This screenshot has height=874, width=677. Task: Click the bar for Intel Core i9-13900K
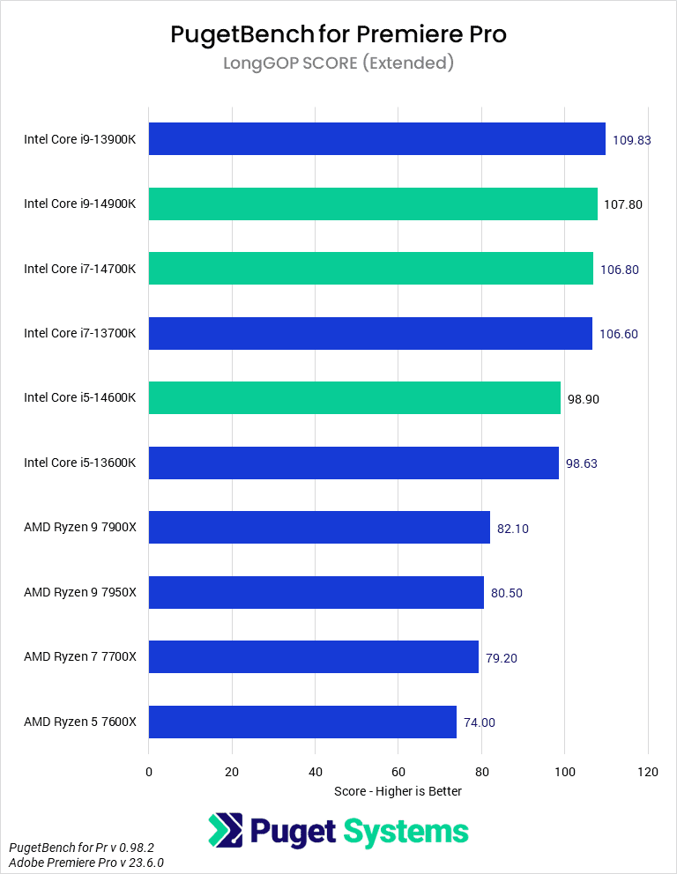[376, 139]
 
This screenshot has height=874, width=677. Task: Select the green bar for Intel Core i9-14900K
[373, 204]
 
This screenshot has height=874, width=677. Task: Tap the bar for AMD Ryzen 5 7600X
[302, 722]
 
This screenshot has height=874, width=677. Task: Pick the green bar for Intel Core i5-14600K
[354, 397]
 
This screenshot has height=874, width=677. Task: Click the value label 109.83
[631, 140]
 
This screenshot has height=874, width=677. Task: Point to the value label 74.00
[480, 722]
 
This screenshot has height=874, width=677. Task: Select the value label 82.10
[513, 529]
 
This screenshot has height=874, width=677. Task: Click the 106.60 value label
[619, 334]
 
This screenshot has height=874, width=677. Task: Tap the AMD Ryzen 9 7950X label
[80, 592]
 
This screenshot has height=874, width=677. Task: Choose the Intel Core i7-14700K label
[80, 269]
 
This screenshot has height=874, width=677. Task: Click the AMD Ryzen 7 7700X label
[80, 657]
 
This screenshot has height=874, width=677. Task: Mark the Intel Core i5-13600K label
[80, 463]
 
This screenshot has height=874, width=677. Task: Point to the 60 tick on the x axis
[398, 772]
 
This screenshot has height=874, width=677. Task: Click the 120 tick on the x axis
[648, 772]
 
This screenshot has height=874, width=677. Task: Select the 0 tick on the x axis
[149, 772]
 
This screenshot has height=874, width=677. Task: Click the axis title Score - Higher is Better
[398, 791]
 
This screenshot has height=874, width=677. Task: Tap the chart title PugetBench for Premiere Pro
[338, 34]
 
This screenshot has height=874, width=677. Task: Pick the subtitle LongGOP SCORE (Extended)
[338, 63]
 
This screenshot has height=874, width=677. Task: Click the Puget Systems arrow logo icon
[225, 831]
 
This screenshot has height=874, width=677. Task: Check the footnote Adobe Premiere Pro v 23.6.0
[86, 863]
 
